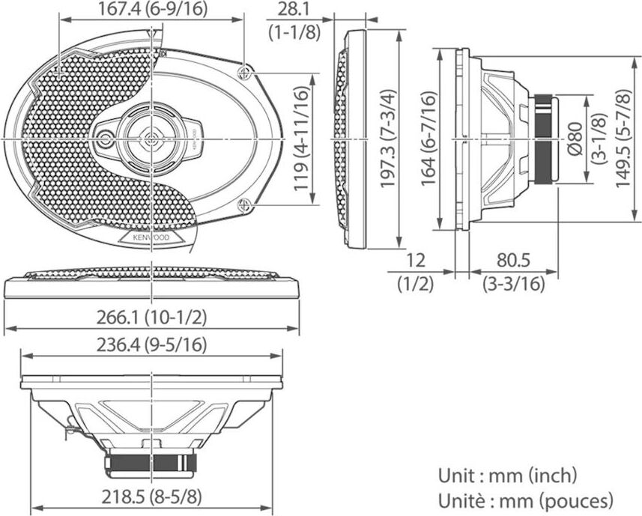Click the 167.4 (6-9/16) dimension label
(153, 9)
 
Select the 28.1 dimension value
(294, 9)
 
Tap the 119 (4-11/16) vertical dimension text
(301, 138)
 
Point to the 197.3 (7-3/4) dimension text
(387, 138)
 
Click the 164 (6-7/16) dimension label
(429, 139)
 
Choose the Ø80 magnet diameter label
(575, 139)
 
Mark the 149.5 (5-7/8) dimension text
(623, 138)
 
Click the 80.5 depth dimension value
(513, 261)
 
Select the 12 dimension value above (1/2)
(415, 261)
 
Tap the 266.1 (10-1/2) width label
(152, 317)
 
